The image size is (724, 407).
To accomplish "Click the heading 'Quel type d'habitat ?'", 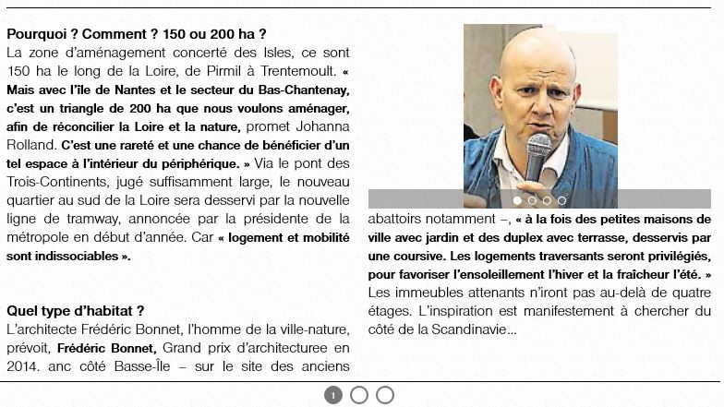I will coord(76,311).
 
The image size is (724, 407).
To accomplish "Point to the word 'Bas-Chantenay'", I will coord(308,90).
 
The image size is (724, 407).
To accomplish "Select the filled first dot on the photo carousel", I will coord(517,199).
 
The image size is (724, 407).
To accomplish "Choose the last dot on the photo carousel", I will coord(561,199).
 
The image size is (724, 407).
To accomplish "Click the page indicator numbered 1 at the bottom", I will coord(333,395).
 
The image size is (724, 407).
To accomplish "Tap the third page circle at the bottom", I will coord(385,395).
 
